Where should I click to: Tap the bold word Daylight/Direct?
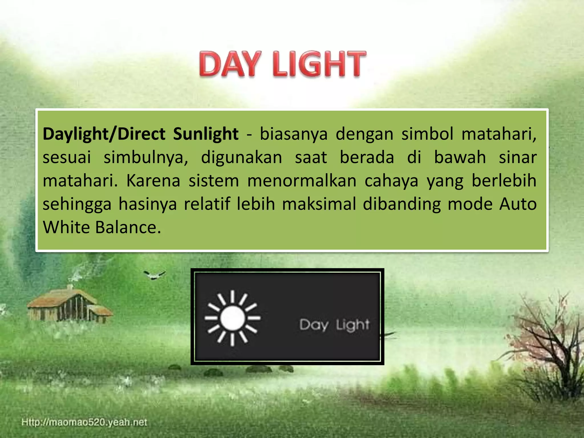104,134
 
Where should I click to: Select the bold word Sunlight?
206,134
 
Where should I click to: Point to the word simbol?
427,134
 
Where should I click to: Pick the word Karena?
153,181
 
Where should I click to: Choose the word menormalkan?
302,181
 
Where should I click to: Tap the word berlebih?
504,181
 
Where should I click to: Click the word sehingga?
77,204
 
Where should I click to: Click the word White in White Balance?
66,227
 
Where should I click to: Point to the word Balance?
128,227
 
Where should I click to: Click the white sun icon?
232,318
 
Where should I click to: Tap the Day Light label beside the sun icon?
334,325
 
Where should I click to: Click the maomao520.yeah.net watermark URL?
84,422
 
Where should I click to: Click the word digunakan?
241,157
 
